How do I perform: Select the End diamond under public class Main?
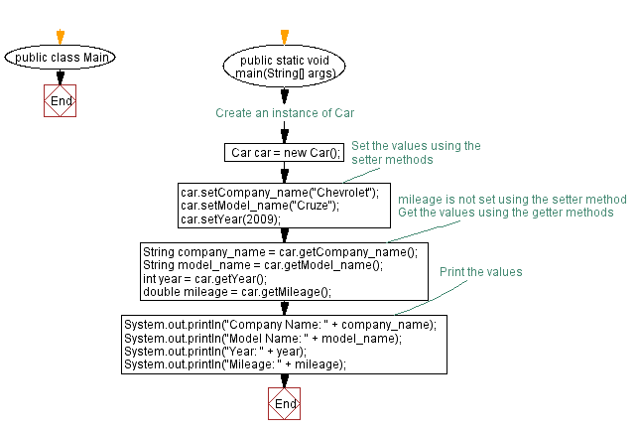point(60,101)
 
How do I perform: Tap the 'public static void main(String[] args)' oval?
point(285,68)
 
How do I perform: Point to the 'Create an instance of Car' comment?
point(285,113)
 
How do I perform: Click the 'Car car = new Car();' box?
point(285,152)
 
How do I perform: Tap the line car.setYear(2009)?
point(230,219)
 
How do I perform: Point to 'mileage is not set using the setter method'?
point(511,198)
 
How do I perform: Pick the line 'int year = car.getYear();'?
point(205,279)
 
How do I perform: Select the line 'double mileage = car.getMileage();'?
point(236,292)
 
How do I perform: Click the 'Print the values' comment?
point(480,271)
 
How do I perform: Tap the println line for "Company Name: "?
point(279,324)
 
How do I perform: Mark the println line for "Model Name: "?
point(263,338)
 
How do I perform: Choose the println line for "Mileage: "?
point(234,364)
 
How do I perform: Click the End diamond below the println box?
point(285,404)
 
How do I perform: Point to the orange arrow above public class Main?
point(60,37)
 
